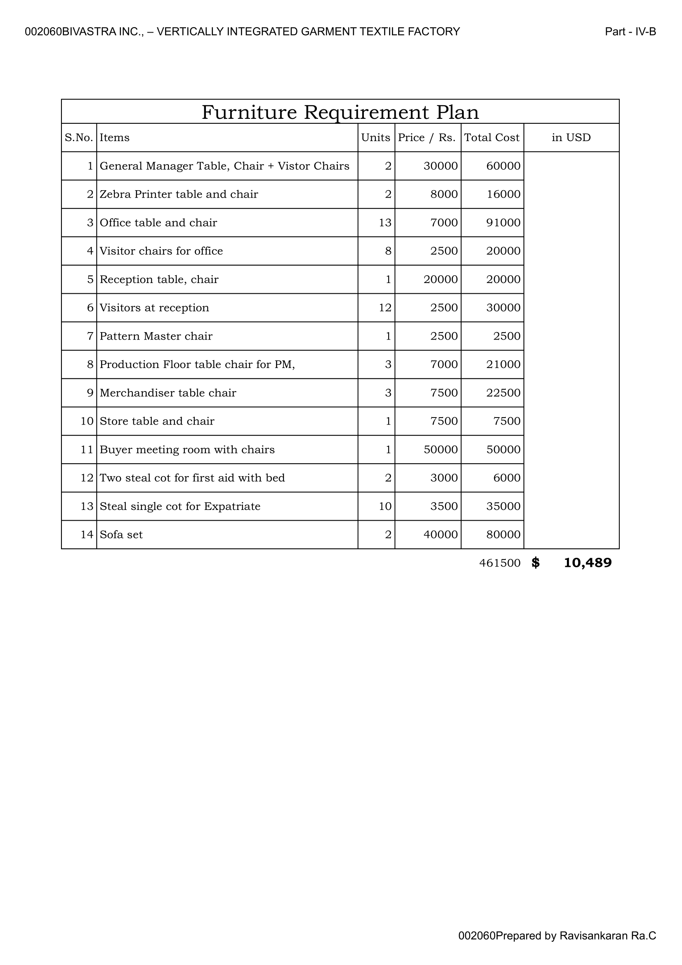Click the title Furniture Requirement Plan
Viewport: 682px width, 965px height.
tap(340, 112)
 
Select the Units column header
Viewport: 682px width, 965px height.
tap(375, 137)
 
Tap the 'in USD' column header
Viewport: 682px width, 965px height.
tap(571, 137)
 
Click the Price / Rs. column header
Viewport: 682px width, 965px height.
tap(427, 137)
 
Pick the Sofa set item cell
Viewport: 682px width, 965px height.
tap(121, 535)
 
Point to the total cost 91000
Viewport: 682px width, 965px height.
tap(503, 223)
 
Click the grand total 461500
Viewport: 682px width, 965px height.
tap(499, 563)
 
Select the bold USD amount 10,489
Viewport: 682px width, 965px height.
tap(587, 563)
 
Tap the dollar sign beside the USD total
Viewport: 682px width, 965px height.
tap(535, 563)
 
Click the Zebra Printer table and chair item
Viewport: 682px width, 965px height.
tap(179, 194)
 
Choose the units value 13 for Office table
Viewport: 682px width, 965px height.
tap(385, 223)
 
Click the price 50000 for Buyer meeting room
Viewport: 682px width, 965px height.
tap(440, 450)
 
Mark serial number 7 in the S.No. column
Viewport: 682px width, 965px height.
tap(90, 336)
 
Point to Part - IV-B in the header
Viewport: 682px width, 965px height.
tap(630, 32)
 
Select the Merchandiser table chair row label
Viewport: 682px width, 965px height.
tap(168, 393)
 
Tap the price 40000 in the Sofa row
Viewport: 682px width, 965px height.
tap(440, 535)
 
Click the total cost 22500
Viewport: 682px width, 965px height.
tap(503, 393)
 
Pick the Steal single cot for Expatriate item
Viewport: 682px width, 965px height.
tap(180, 507)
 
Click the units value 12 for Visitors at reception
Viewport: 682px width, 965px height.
tap(385, 308)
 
